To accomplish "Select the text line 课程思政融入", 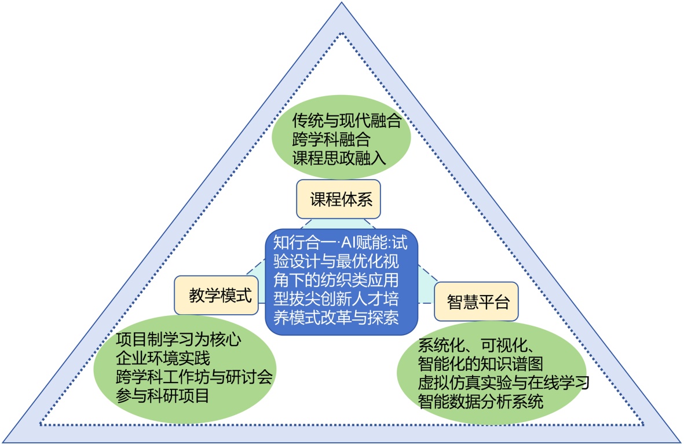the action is coord(339,157).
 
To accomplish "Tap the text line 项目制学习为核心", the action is coord(178,340).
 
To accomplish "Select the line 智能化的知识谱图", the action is coord(480,365).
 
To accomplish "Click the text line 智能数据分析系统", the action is coord(480,401).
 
